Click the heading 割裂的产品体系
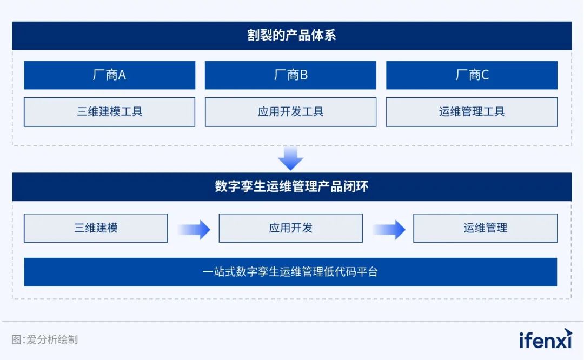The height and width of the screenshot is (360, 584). pyautogui.click(x=291, y=35)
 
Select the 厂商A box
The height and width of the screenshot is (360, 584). pyautogui.click(x=109, y=75)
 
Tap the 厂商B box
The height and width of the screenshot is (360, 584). pyautogui.click(x=290, y=75)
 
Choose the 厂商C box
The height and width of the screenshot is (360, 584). pyautogui.click(x=472, y=75)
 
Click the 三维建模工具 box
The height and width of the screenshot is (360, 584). pyautogui.click(x=109, y=112)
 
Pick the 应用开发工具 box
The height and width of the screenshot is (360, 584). pyautogui.click(x=290, y=112)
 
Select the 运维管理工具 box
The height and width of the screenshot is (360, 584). pyautogui.click(x=472, y=112)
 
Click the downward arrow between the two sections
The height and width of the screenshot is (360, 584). pyautogui.click(x=290, y=159)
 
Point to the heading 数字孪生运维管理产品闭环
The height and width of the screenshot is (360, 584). pyautogui.click(x=291, y=186)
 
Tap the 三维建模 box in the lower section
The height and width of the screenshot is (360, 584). pyautogui.click(x=96, y=228)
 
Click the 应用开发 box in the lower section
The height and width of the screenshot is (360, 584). pyautogui.click(x=290, y=228)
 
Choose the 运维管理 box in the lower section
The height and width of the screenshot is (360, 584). pyautogui.click(x=485, y=228)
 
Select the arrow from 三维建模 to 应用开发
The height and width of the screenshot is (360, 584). pyautogui.click(x=194, y=229)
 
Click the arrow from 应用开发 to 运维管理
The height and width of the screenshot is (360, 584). pyautogui.click(x=389, y=229)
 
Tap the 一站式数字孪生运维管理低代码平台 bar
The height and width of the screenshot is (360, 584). pyautogui.click(x=290, y=272)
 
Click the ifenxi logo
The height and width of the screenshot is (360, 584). pyautogui.click(x=545, y=339)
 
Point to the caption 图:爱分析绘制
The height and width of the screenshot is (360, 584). pyautogui.click(x=45, y=339)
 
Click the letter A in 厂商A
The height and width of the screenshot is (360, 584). pyautogui.click(x=122, y=75)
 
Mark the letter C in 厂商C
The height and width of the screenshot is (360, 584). pyautogui.click(x=485, y=75)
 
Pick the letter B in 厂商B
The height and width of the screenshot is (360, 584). pyautogui.click(x=304, y=75)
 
